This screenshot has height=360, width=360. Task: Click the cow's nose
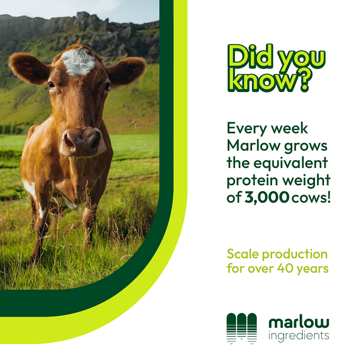tap(83, 142)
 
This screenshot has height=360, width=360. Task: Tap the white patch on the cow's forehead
tap(78, 61)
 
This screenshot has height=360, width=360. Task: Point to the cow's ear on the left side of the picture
tap(30, 68)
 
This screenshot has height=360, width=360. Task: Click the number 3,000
tap(266, 197)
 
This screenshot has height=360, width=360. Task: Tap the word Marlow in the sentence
tap(254, 146)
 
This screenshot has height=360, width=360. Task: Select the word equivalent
tap(291, 163)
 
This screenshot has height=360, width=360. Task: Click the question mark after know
tap(304, 80)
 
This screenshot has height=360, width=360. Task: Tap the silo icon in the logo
tap(241, 328)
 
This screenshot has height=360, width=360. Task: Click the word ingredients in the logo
tap(299, 336)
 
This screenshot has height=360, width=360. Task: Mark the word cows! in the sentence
tap(311, 197)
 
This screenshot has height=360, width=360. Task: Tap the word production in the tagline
tap(295, 255)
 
